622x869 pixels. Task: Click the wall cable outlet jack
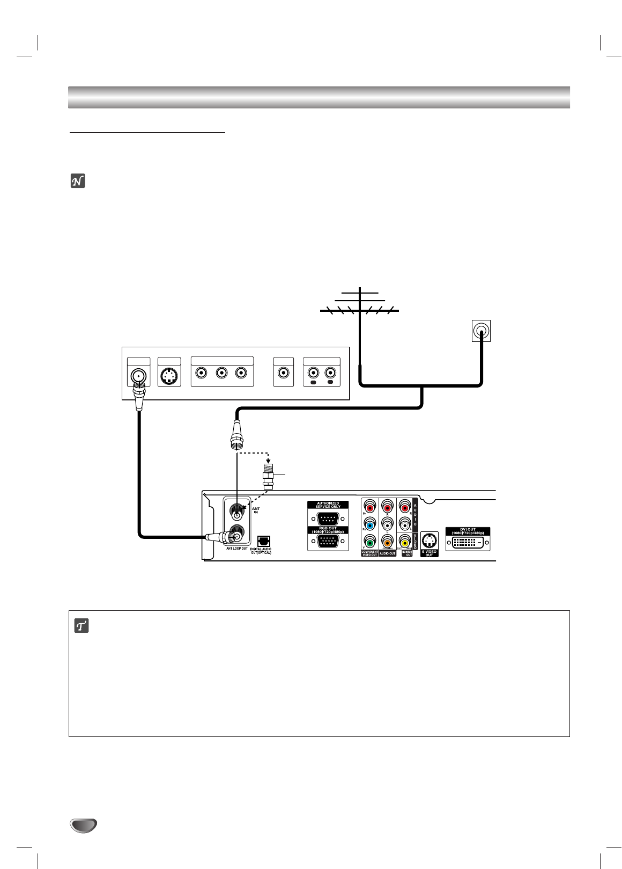point(481,331)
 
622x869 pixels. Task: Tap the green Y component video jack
point(369,542)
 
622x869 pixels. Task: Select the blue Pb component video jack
point(369,524)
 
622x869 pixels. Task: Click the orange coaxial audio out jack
point(387,542)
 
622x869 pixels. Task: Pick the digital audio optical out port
point(264,541)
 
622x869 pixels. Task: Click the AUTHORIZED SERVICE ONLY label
point(327,505)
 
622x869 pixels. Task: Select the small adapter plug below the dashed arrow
point(266,474)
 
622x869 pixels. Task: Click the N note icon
point(79,182)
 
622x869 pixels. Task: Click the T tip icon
point(80,626)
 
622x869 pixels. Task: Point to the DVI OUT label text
point(468,530)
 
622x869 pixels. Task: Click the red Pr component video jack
point(369,506)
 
